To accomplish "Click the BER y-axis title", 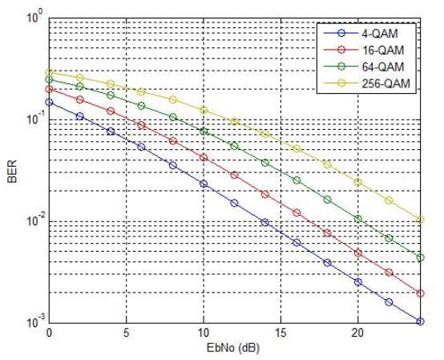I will pos(12,172).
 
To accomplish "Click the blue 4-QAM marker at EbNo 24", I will pos(420,322).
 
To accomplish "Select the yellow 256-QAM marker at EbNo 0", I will pos(50,73).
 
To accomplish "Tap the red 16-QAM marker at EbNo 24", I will pos(420,293).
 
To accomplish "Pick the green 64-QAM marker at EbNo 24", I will pos(420,257).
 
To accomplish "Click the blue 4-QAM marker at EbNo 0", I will pos(50,103).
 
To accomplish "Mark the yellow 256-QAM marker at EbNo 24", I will pos(420,220).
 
